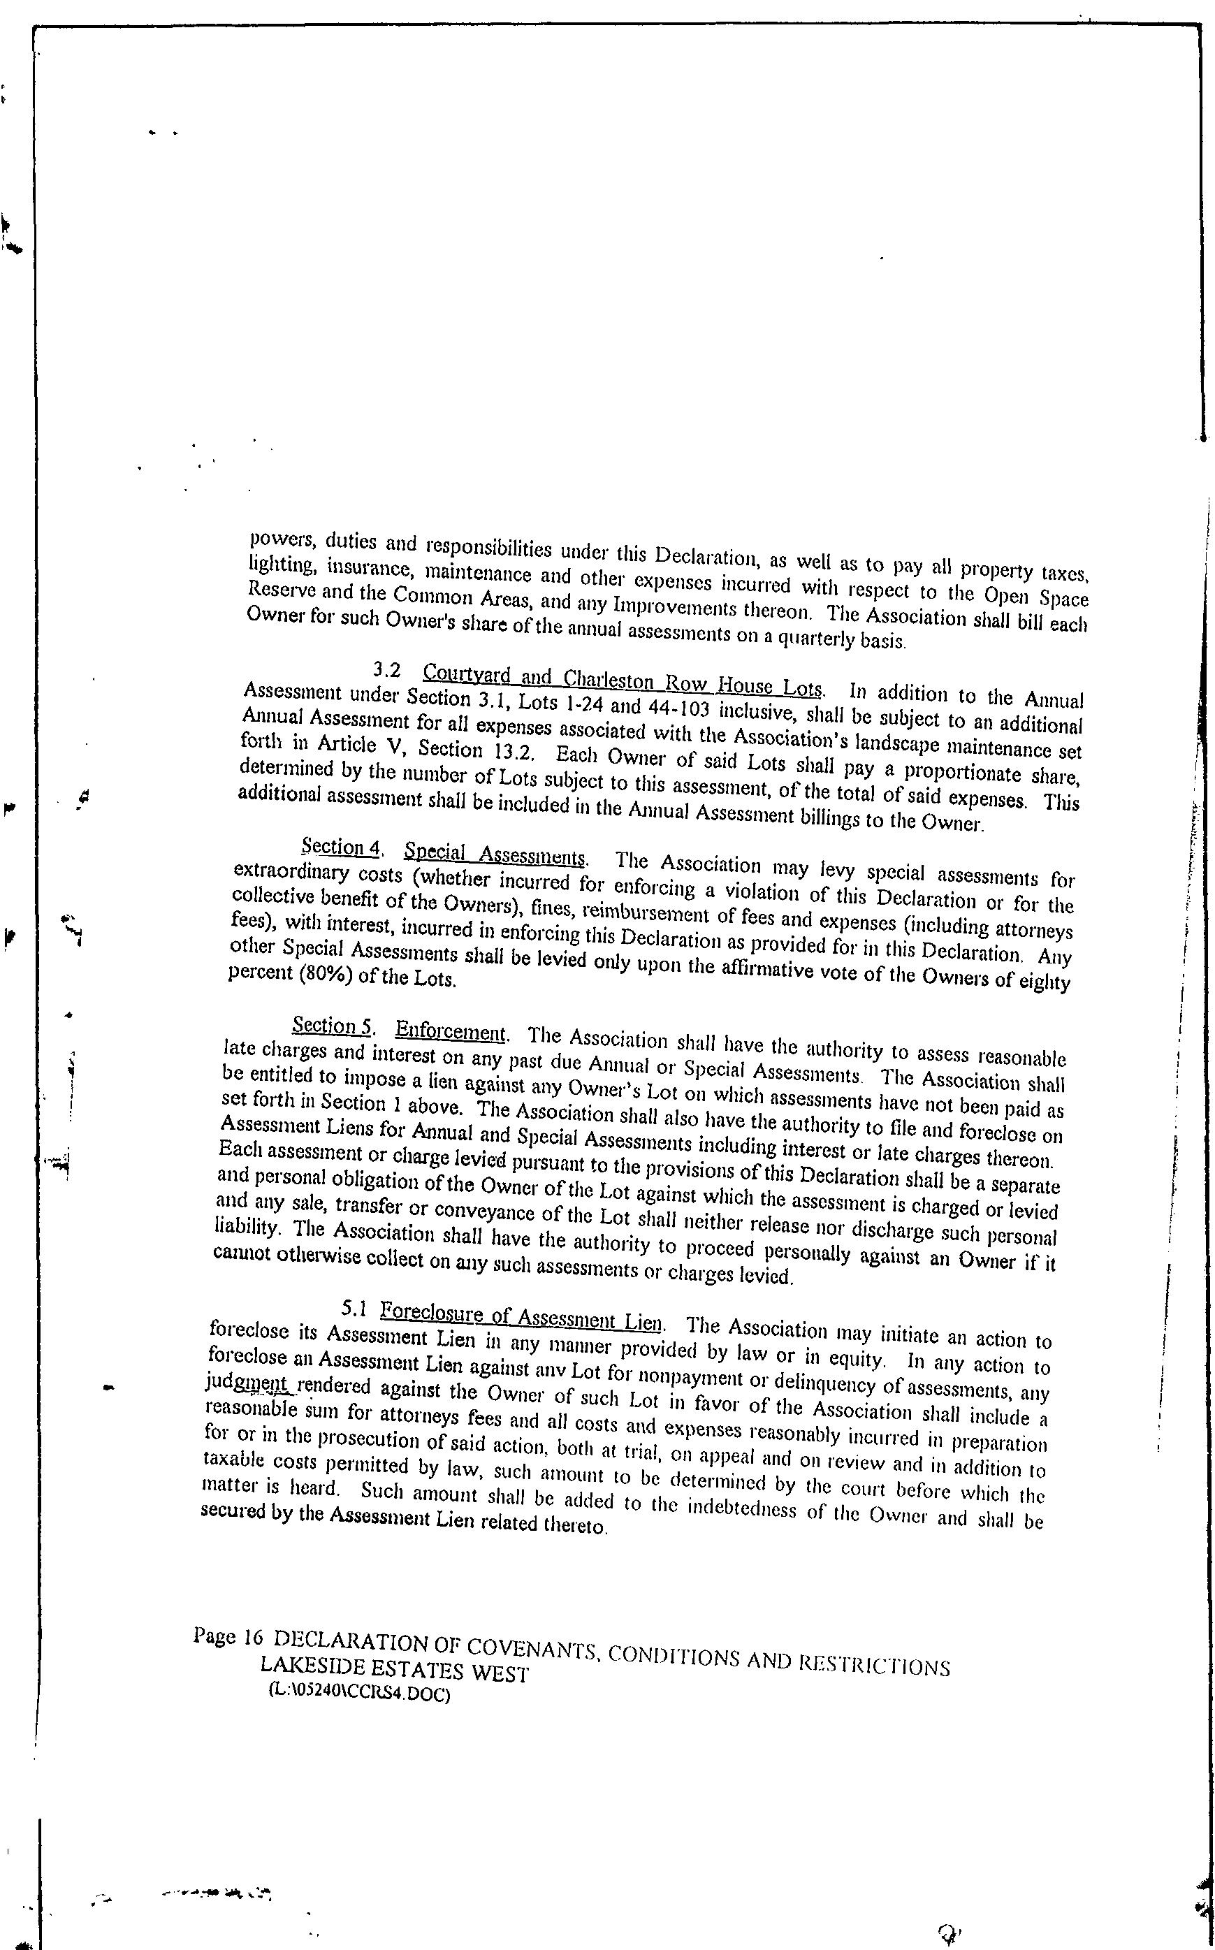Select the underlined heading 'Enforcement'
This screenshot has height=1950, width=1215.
click(x=451, y=1031)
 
